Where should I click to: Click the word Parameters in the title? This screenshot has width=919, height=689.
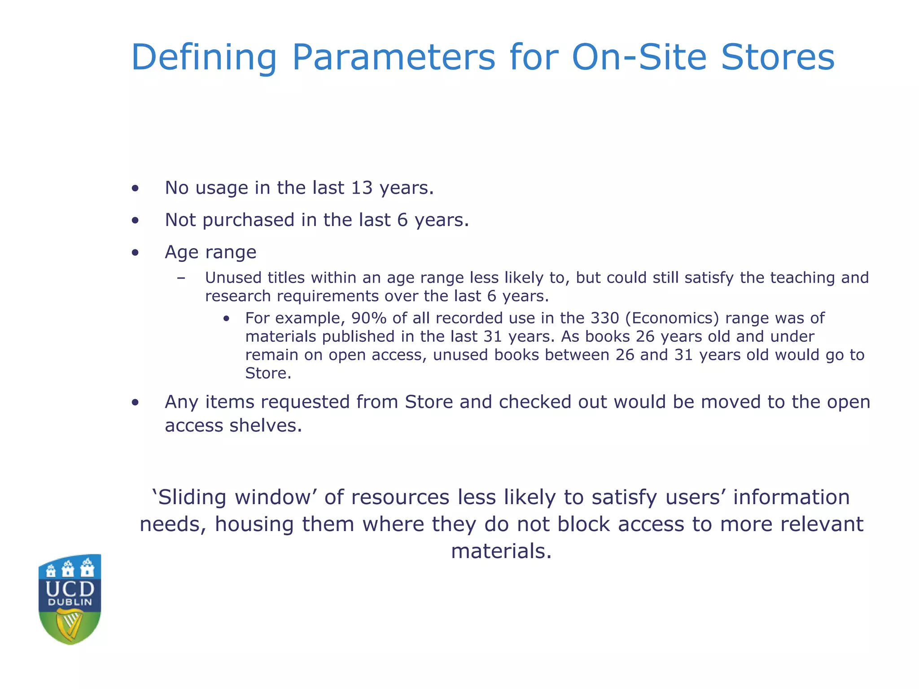tap(394, 57)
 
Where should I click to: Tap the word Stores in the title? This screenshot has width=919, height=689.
tap(777, 57)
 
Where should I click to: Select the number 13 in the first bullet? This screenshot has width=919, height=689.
tap(362, 188)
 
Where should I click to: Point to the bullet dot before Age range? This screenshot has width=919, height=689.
tap(135, 253)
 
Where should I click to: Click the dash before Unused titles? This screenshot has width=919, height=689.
tap(181, 278)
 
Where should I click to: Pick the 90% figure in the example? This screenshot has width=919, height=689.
tap(369, 318)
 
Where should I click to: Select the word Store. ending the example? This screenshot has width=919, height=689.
tap(268, 373)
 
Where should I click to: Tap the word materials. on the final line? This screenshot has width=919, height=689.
tap(501, 551)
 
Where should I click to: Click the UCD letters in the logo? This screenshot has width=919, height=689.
tap(70, 589)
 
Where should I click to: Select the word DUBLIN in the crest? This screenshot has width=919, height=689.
tap(70, 602)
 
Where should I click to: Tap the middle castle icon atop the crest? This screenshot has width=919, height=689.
tap(68, 569)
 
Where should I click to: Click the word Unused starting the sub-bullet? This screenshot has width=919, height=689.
tap(233, 278)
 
